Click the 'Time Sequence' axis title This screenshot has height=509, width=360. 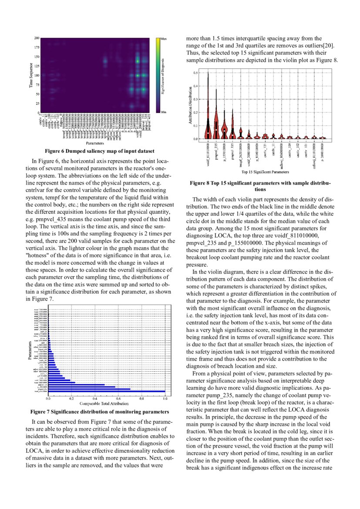pos(31,76)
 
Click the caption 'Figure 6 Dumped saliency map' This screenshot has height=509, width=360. pos(94,151)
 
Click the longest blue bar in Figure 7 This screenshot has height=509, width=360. pos(107,391)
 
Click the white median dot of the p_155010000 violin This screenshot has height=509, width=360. pos(225,130)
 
